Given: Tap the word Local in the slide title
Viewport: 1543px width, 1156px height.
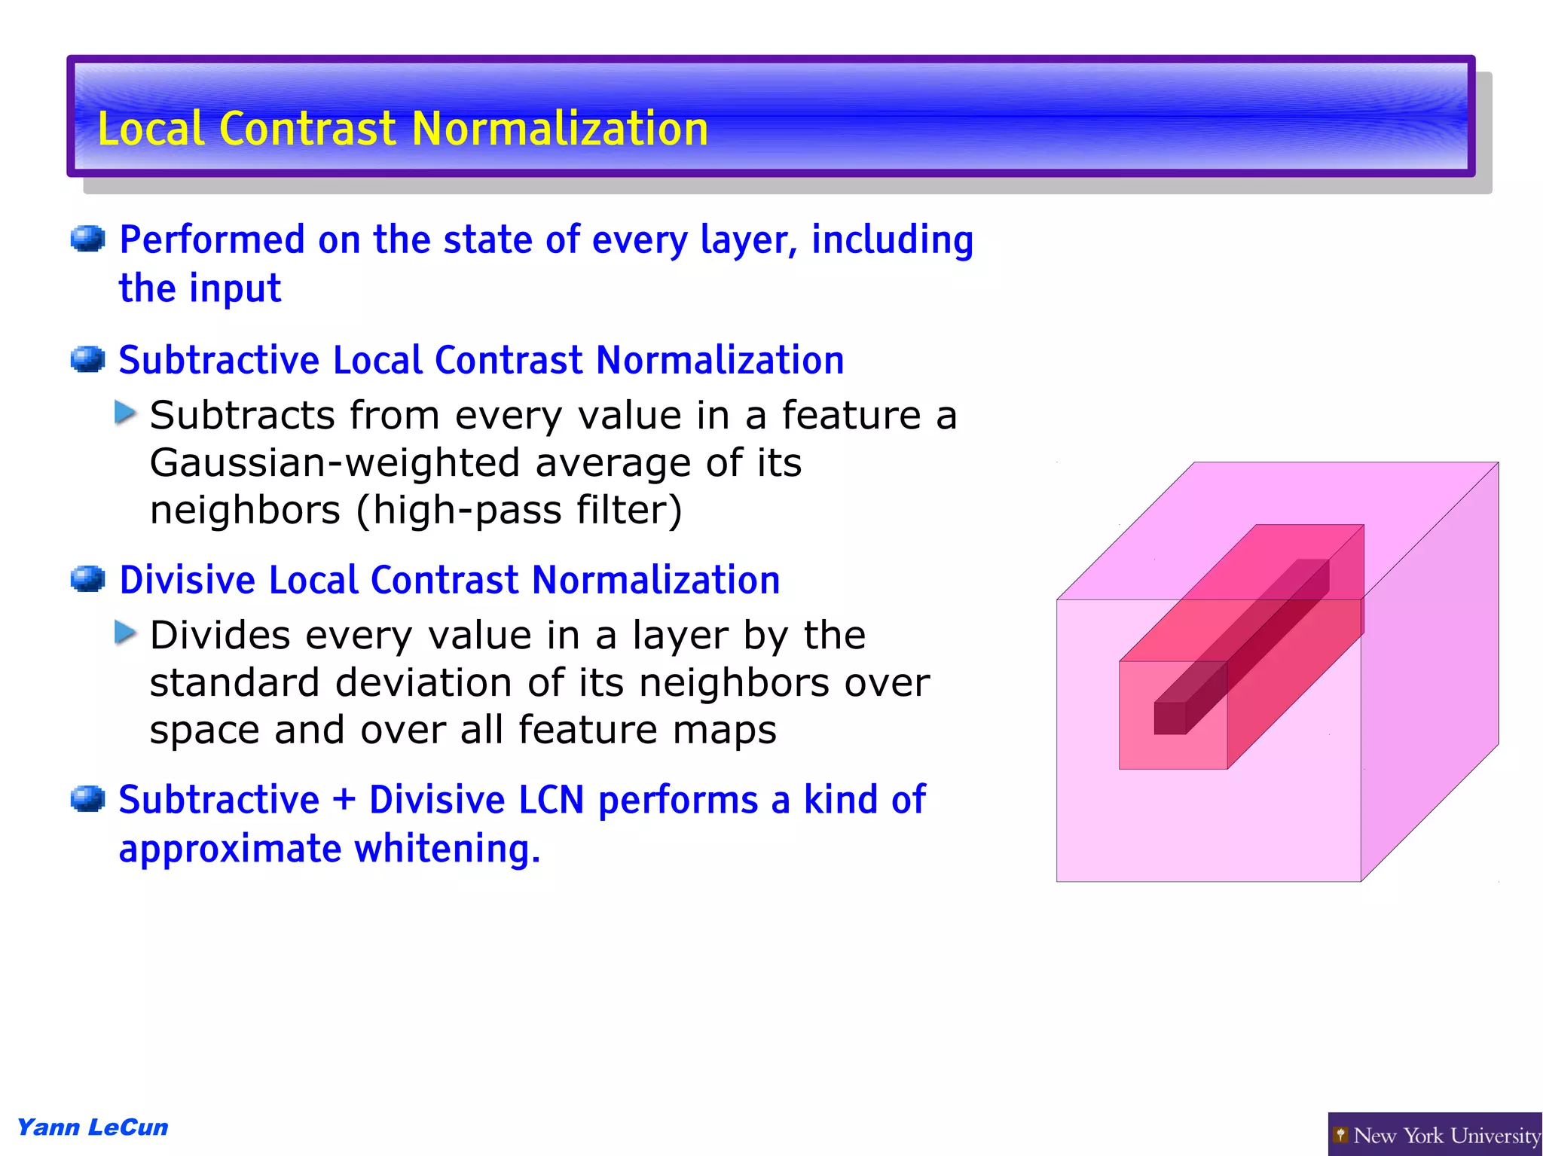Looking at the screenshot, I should pos(151,129).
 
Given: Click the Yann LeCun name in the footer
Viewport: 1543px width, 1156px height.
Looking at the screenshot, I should pos(92,1127).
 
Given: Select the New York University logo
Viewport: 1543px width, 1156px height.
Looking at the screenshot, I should pos(1435,1134).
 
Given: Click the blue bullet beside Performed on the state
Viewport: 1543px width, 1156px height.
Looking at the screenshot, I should pos(87,239).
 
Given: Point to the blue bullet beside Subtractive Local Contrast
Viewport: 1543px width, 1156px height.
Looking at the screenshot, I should pos(87,359).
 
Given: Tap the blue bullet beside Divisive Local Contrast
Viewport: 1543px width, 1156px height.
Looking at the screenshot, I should pos(87,579).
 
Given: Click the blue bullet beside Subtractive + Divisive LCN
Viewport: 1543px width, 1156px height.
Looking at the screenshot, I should pos(87,799).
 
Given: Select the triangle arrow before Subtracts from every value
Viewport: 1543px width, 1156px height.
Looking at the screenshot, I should pos(125,413).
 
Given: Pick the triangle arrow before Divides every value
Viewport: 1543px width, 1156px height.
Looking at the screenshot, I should pos(125,633).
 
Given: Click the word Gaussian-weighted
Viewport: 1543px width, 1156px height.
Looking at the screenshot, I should pos(335,463).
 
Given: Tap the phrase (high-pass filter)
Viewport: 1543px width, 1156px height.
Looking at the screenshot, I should pos(519,510).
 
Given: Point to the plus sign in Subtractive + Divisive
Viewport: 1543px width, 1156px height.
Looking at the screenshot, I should pos(344,799).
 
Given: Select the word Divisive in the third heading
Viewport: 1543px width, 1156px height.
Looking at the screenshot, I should pos(188,581).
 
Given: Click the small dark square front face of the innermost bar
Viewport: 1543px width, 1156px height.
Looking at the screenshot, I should pos(1170,718).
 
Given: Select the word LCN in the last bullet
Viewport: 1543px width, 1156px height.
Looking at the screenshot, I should pos(552,800).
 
